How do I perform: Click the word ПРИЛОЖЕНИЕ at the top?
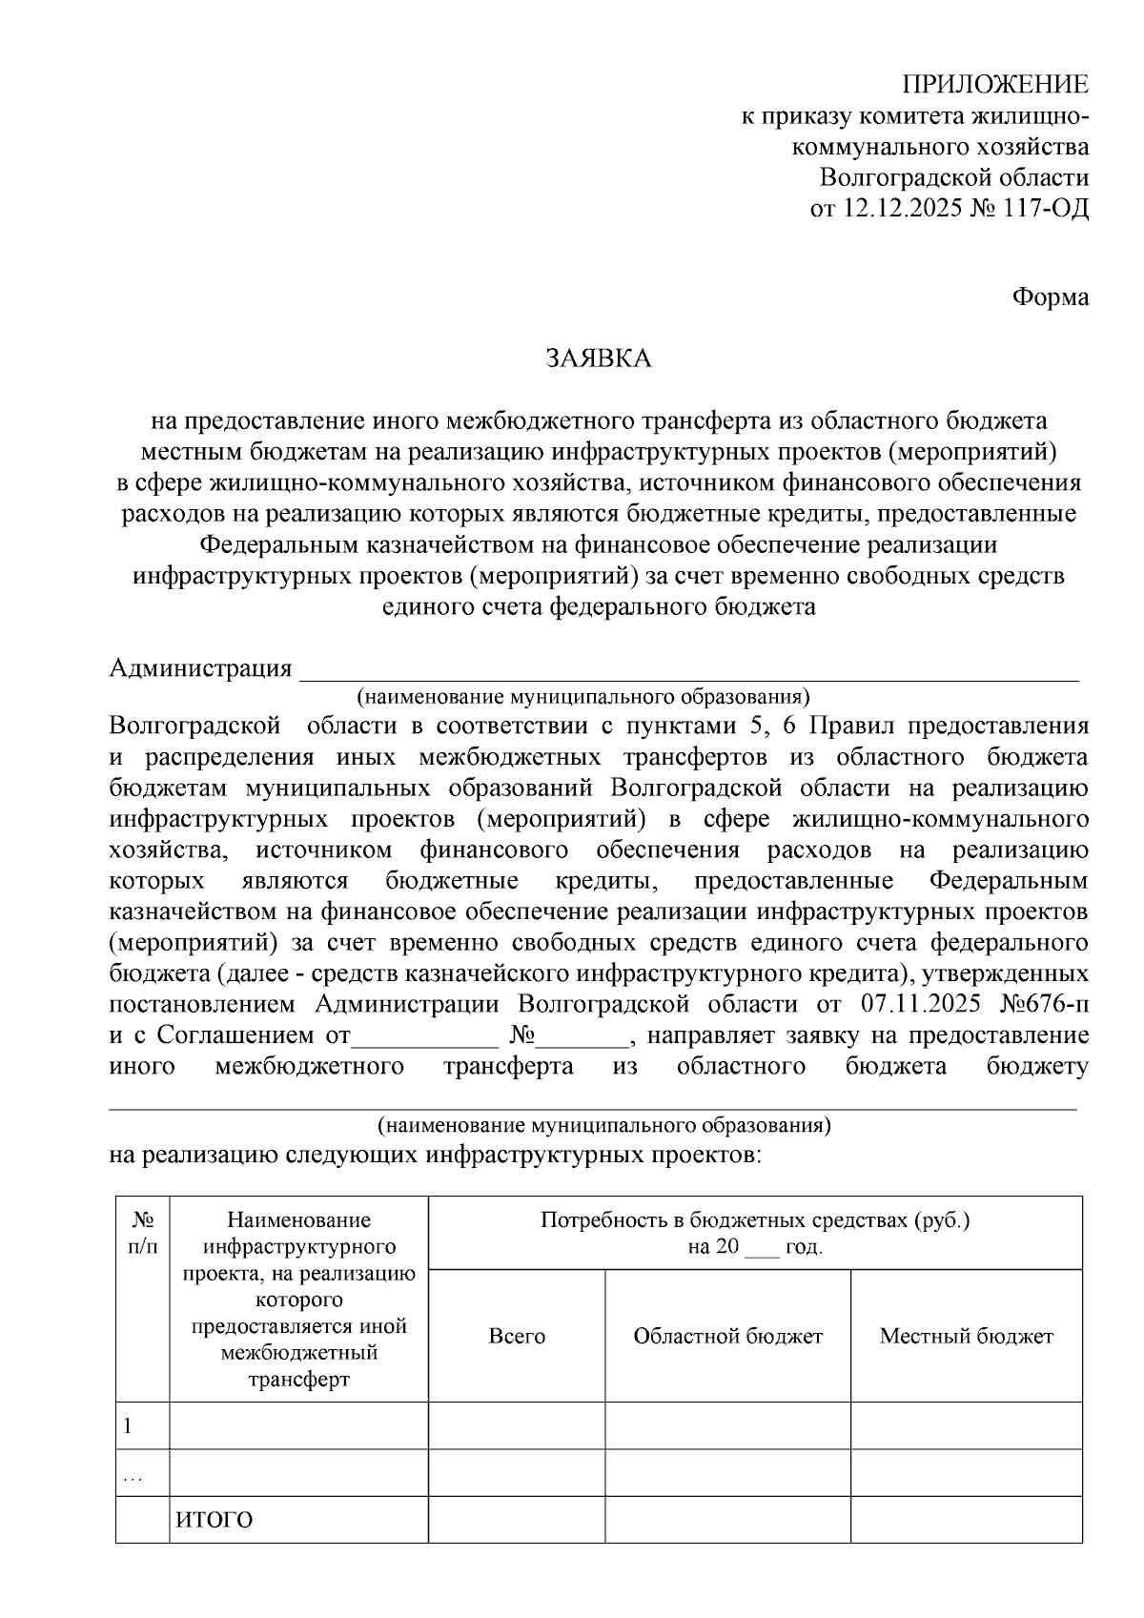(x=995, y=85)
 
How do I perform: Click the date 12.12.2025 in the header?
(x=904, y=207)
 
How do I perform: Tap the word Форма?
(x=1050, y=297)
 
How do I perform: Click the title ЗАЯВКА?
(x=598, y=358)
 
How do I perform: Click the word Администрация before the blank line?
(x=200, y=667)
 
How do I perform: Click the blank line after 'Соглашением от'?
(x=426, y=1036)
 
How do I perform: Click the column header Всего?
(x=517, y=1336)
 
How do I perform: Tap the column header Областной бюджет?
(x=727, y=1336)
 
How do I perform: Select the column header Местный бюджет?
(x=966, y=1336)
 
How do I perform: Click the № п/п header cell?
(x=143, y=1232)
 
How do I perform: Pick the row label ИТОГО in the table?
(x=214, y=1520)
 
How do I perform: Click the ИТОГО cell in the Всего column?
(x=517, y=1520)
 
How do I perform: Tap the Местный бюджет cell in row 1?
(x=966, y=1426)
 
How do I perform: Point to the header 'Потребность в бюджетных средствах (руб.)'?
(x=754, y=1220)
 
